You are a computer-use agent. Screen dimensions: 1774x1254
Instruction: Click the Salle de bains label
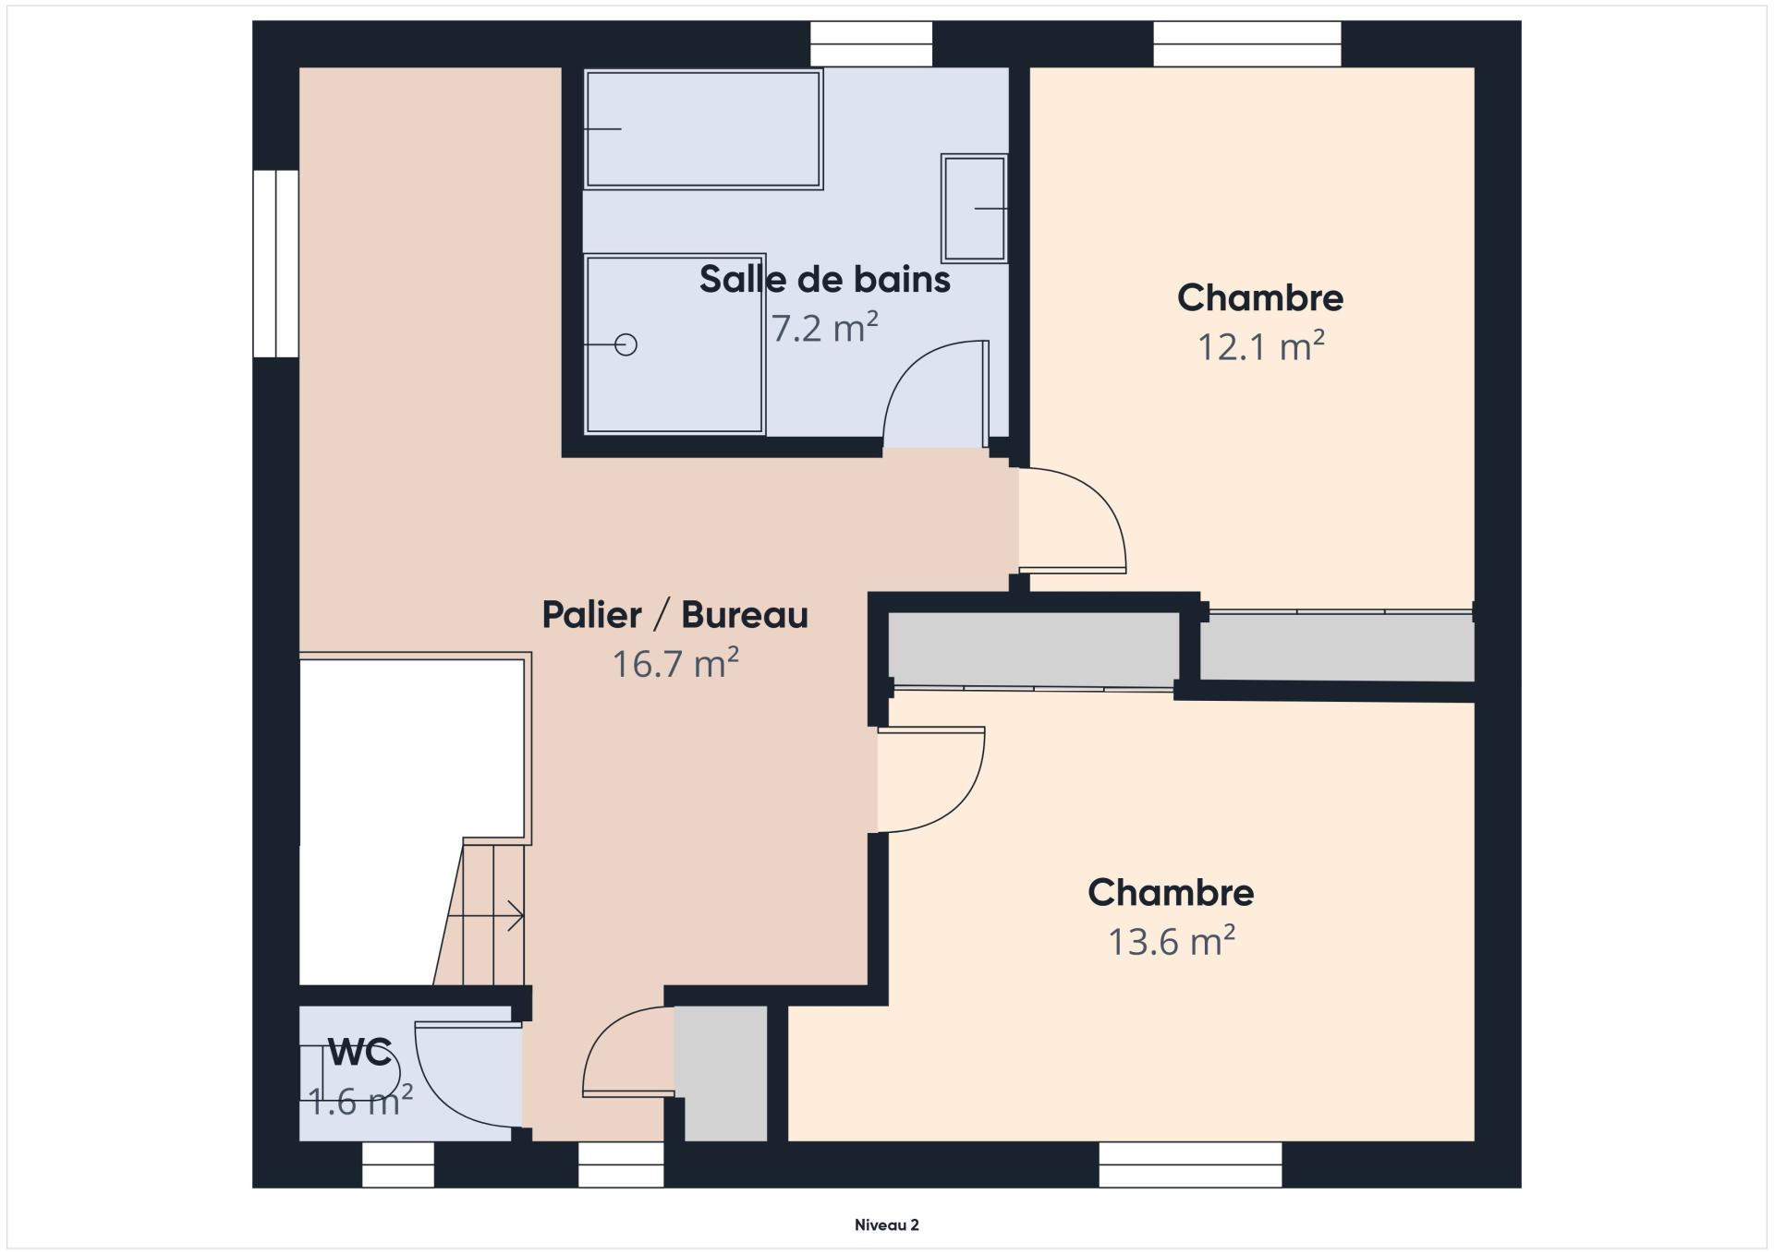point(824,279)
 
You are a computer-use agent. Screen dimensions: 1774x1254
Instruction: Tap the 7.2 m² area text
point(824,328)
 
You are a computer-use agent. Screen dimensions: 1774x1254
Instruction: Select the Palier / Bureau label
point(674,615)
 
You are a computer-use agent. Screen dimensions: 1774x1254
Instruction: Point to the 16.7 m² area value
point(675,663)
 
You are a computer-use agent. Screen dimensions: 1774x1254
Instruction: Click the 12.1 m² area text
point(1260,346)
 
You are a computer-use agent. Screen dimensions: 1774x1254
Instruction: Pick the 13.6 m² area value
point(1172,941)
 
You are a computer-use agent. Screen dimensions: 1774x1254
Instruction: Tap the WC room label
point(359,1053)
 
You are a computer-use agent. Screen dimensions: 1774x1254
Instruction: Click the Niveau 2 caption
point(887,1225)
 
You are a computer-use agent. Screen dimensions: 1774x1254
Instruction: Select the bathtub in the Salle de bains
point(703,129)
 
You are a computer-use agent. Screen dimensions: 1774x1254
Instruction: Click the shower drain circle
point(626,344)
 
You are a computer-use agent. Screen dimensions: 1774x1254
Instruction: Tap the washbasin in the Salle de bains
point(974,209)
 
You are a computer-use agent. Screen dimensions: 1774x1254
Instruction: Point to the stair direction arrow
point(486,917)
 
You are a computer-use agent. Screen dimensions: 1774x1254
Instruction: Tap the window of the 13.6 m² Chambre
point(1190,1164)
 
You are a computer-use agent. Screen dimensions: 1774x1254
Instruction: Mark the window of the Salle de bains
point(871,44)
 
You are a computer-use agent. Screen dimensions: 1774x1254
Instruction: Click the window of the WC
point(397,1164)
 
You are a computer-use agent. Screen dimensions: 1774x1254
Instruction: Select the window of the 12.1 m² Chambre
point(1247,44)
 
